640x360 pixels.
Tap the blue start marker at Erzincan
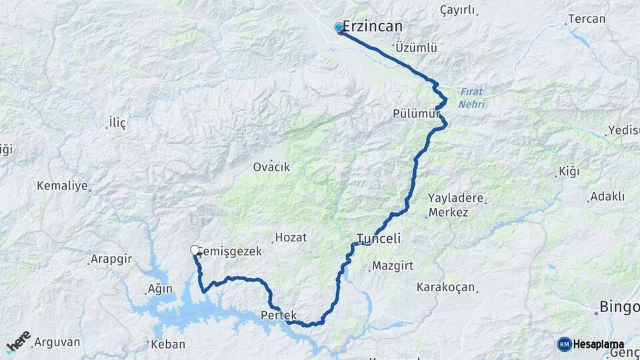point(339,27)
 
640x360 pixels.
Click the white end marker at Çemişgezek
point(195,251)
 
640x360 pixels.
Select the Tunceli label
point(378,239)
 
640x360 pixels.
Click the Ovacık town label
point(271,167)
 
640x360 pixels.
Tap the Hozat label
point(292,237)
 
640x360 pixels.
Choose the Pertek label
point(278,315)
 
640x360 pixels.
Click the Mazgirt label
point(393,265)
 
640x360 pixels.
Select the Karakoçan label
point(445,287)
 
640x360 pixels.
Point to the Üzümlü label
point(416,48)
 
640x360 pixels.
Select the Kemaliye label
point(63,185)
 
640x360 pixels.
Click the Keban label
point(163,345)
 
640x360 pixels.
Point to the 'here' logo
point(19,342)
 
